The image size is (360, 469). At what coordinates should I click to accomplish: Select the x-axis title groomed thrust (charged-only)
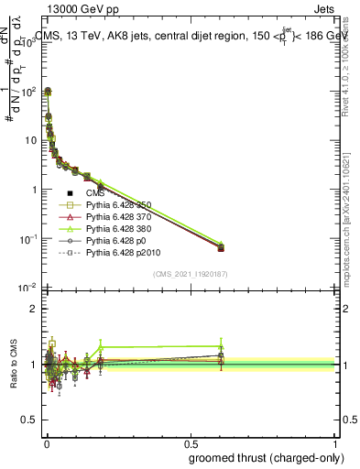[267, 458]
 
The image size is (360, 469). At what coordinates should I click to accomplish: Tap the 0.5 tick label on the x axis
[191, 444]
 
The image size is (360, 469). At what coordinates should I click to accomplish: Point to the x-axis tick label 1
[336, 444]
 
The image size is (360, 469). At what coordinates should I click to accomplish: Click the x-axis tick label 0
[47, 444]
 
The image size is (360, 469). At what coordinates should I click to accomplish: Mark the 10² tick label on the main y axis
[27, 93]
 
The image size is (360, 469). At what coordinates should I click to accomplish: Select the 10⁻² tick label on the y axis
[27, 289]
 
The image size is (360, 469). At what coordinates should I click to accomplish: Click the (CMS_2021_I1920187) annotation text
[191, 274]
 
